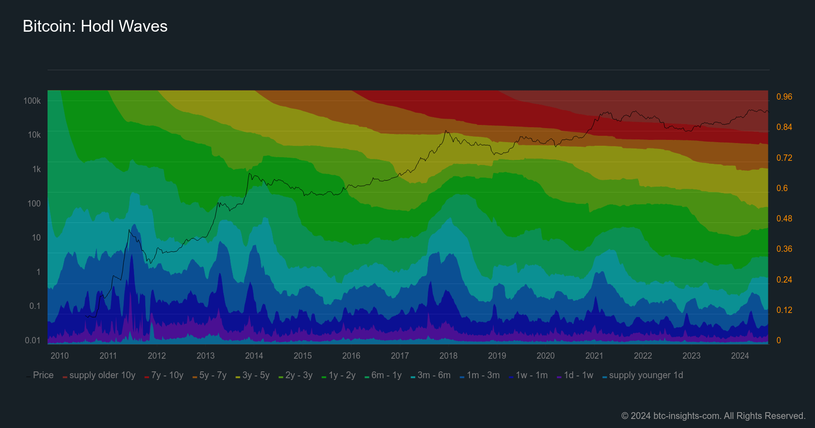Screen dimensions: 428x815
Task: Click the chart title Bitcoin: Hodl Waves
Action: point(95,26)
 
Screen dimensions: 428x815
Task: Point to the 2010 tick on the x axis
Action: point(60,356)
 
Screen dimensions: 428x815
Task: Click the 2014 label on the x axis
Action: point(254,356)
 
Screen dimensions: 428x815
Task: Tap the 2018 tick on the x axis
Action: point(448,356)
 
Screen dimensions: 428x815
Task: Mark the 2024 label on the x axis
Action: point(740,356)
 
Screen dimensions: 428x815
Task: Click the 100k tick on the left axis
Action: point(32,101)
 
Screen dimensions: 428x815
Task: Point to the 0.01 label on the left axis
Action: point(33,340)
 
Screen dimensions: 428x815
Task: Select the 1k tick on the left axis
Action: point(36,169)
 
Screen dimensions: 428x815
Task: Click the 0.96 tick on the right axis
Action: point(784,96)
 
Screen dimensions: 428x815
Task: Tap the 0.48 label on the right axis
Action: point(784,218)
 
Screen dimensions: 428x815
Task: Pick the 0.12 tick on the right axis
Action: point(784,310)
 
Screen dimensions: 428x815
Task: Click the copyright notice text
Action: point(713,416)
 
